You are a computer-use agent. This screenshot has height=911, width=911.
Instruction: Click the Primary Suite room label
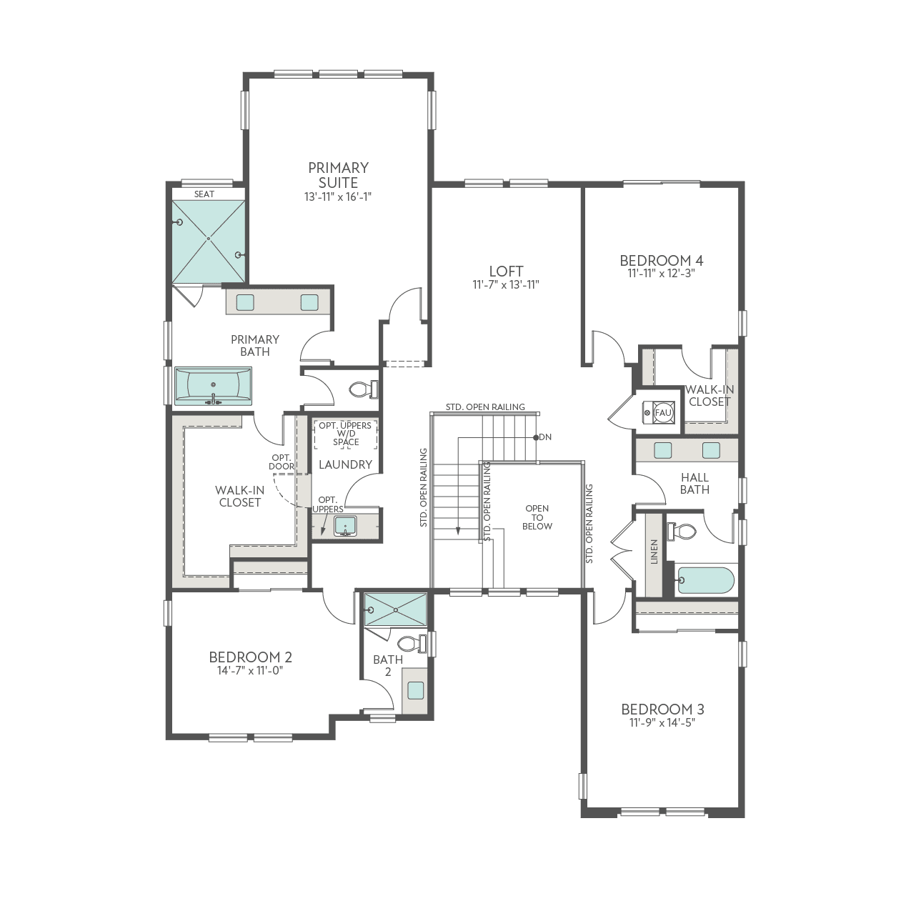(x=338, y=175)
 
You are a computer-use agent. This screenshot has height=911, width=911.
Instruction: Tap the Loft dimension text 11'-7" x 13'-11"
(x=505, y=285)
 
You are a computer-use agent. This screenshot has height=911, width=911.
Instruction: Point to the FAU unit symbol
(x=662, y=413)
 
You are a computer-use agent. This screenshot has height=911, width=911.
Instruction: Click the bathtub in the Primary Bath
(x=213, y=387)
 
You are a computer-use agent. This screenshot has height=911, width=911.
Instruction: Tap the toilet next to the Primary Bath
(x=362, y=390)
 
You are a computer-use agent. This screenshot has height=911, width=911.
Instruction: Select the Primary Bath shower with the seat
(x=208, y=242)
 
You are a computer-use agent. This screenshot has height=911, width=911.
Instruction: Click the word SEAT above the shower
(x=204, y=194)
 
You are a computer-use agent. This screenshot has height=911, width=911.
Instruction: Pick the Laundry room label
(x=345, y=464)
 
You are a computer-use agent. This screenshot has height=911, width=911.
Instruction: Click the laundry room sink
(x=345, y=527)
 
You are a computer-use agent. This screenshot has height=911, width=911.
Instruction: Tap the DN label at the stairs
(x=545, y=437)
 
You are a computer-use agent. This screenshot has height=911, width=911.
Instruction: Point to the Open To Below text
(x=537, y=517)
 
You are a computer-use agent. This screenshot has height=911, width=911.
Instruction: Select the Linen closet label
(x=654, y=552)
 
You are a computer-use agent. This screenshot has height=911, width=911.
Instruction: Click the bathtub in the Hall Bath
(x=705, y=580)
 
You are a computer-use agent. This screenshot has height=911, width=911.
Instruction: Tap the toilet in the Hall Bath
(x=683, y=532)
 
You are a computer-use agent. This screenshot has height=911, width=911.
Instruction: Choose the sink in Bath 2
(x=415, y=690)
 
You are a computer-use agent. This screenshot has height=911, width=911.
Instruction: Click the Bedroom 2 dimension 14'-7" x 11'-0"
(x=250, y=671)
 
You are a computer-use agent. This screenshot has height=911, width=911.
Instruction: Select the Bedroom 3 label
(x=662, y=709)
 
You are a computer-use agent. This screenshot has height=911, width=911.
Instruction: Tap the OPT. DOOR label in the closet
(x=282, y=462)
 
